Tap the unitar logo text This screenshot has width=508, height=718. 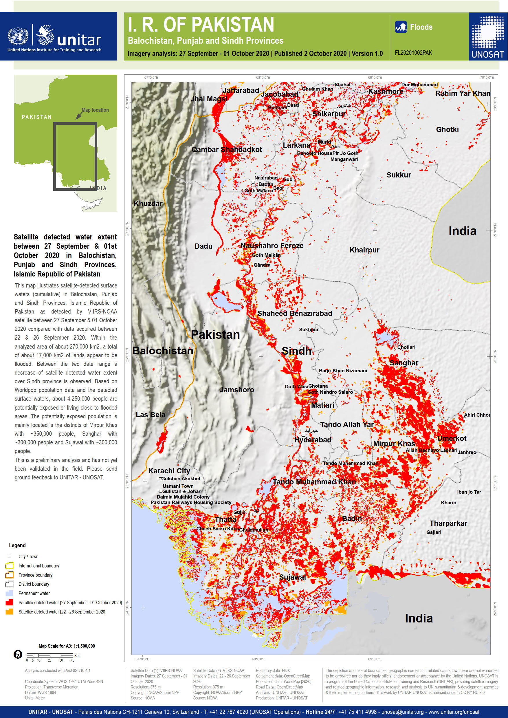pos(79,40)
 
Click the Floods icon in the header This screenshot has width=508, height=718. pos(400,27)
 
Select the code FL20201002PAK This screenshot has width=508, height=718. pos(413,53)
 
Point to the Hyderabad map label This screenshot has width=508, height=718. pos(313,440)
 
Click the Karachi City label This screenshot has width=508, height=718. pos(169,471)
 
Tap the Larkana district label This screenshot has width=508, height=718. pos(296,145)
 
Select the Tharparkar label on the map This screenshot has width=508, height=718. pos(448,523)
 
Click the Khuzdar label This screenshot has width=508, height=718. pos(148,204)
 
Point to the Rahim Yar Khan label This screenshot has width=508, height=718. pos(462,93)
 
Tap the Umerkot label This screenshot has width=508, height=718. pos(451,438)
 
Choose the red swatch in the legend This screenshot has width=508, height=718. pos(9,602)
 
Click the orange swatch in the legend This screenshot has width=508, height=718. pos(9,611)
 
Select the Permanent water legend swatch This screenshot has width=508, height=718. pos(9,593)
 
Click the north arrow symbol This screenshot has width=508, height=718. pos(18,654)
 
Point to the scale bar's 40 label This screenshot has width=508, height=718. pos(73,660)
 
